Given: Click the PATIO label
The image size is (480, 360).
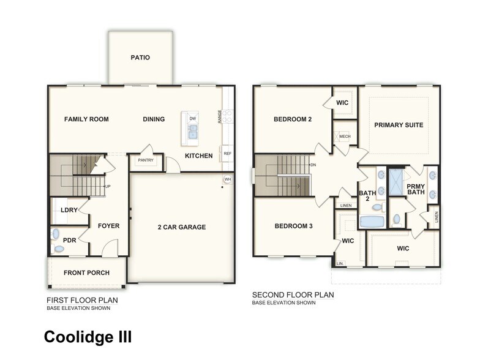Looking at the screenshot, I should point(140,58).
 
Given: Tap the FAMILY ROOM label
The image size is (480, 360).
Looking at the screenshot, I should point(86,119).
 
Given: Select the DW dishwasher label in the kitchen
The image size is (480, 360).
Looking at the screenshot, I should point(192,118).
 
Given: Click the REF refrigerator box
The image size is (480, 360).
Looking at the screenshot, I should point(227,154).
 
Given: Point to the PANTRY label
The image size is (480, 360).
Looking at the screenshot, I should point(146,160).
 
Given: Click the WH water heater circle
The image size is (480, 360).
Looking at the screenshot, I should point(228,179).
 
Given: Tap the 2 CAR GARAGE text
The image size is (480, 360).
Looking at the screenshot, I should point(182,227).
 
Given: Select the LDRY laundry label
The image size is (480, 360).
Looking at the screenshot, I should point(69,210).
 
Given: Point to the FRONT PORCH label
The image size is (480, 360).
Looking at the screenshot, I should point(86,272).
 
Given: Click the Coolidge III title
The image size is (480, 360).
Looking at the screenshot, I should point(88,337).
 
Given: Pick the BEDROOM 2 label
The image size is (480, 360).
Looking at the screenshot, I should point(293,119).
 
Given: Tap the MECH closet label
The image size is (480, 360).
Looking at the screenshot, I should point(345,137).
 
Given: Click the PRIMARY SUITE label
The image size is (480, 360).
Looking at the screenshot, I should point(399,125).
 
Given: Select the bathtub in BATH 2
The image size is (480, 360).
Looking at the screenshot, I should point(370,221).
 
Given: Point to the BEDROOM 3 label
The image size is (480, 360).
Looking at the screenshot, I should point(293,226).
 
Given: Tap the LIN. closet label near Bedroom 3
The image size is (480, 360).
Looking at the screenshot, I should point(341,263).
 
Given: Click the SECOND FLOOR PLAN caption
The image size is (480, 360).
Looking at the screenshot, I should point(293,294).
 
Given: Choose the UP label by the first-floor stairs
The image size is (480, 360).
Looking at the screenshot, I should point(108,186).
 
